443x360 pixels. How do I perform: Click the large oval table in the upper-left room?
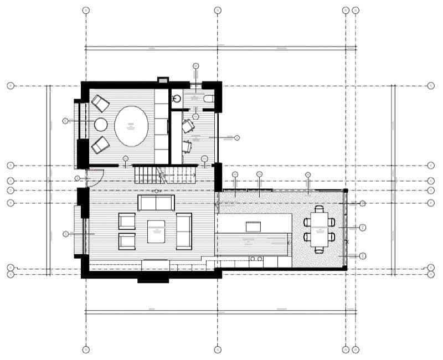pos(131,126)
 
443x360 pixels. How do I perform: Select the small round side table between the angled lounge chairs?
pos(101,124)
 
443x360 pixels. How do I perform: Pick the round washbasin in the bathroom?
pos(177,99)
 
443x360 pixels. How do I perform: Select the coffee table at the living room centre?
pos(156,231)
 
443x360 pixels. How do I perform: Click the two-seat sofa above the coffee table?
pos(156,203)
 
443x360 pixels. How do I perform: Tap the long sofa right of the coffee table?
pos(184,231)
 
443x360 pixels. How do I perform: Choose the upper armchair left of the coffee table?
pos(127,221)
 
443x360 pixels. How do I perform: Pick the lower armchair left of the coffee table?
pos(127,241)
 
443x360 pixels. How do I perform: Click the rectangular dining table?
pos(319,229)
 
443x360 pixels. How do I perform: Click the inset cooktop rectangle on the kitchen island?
pos(254,225)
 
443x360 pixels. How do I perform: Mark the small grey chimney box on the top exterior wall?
pos(163,80)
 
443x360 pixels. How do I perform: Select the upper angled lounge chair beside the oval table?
pos(100,104)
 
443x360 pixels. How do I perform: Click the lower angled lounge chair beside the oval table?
pos(100,145)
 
